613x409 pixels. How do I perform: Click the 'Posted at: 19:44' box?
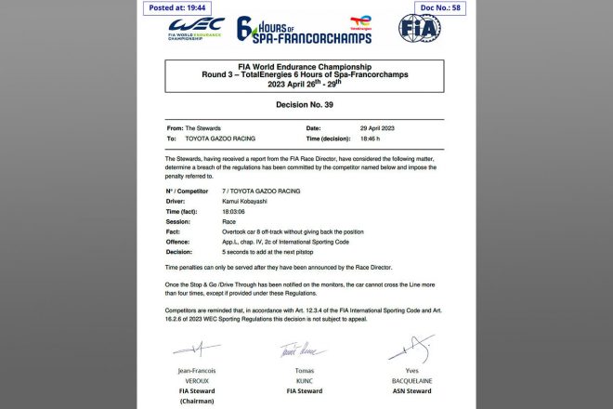pyautogui.click(x=178, y=8)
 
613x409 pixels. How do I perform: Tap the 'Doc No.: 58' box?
pyautogui.click(x=432, y=8)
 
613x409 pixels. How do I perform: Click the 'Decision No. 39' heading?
pyautogui.click(x=306, y=106)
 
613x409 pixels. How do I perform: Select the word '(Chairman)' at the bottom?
pyautogui.click(x=199, y=401)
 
